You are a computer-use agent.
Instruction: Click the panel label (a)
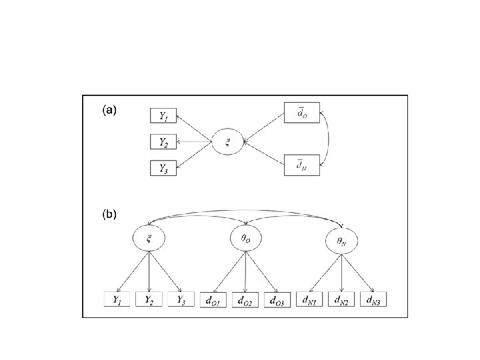click(109, 111)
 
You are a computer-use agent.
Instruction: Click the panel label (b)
click(109, 215)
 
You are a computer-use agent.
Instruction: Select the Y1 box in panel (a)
click(163, 115)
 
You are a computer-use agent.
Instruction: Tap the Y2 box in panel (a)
click(163, 141)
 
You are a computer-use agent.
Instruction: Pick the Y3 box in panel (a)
click(163, 168)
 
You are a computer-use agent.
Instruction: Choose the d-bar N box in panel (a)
click(302, 164)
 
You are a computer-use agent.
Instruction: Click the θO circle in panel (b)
click(246, 239)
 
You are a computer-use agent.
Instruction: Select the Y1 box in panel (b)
click(117, 300)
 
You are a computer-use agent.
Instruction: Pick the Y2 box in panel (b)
click(149, 300)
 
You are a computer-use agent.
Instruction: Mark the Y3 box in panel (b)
click(181, 300)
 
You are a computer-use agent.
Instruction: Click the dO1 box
click(213, 300)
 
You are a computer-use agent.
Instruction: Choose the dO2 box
click(246, 300)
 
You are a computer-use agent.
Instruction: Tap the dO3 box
click(277, 300)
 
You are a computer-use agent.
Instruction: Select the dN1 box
click(309, 300)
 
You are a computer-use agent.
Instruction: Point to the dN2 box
click(341, 300)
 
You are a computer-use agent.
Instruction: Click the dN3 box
click(372, 300)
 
